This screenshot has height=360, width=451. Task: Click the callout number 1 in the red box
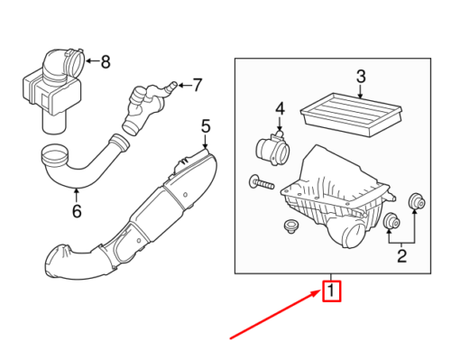[332, 291]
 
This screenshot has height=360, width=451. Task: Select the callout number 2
[402, 257]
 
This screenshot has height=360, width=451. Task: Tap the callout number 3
[360, 76]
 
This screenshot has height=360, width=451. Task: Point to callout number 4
[280, 110]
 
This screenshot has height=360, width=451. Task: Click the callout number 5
[206, 125]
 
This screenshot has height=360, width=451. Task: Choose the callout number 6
[77, 211]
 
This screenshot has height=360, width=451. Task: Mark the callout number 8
[106, 62]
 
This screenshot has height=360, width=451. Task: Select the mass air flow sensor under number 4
[272, 147]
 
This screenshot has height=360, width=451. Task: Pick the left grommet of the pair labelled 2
[391, 222]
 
